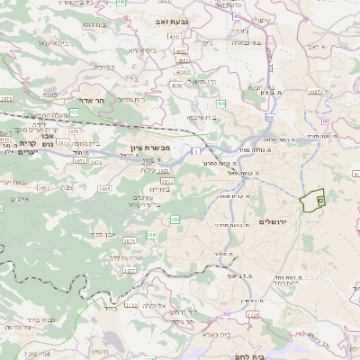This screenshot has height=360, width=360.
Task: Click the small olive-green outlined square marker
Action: coord(321,201)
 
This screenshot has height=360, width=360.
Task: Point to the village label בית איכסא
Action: coord(202,116)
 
